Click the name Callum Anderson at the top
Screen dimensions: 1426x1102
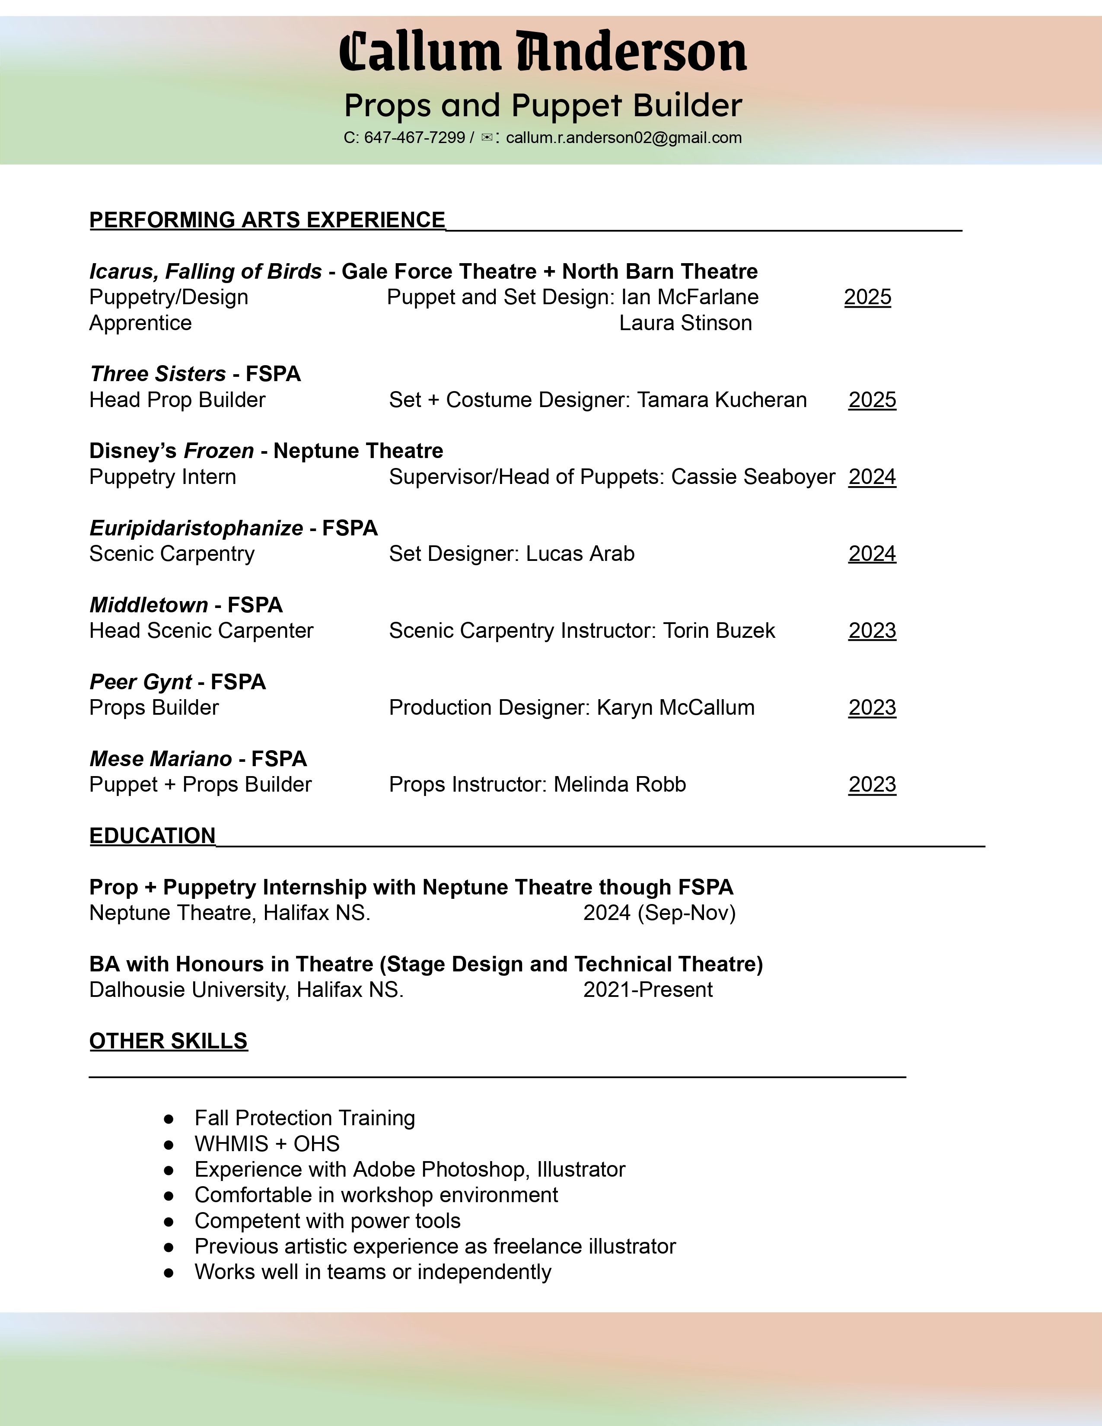tap(542, 52)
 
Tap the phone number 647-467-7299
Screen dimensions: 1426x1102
tap(414, 138)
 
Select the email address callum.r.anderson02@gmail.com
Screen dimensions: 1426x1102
tap(624, 138)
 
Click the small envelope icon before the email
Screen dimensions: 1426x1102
tap(487, 138)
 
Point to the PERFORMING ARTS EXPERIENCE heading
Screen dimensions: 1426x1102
tap(267, 220)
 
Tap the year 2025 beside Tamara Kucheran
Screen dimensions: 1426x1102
tap(872, 400)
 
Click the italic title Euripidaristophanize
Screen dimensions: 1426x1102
tap(196, 528)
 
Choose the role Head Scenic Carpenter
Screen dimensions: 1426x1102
tap(201, 631)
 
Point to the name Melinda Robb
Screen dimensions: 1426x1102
tap(620, 785)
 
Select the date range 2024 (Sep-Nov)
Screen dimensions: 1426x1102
tap(659, 913)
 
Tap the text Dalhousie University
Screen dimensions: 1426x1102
tap(188, 990)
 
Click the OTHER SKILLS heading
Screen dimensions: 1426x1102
tap(169, 1041)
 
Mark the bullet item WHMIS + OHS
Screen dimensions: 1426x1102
tap(267, 1144)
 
